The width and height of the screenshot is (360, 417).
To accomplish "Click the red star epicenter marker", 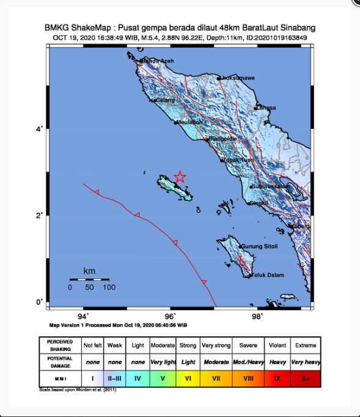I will (180, 177).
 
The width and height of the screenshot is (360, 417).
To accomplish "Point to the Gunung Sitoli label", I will (259, 247).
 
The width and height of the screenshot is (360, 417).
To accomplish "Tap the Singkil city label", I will (260, 203).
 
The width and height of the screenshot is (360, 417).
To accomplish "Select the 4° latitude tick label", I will (40, 129).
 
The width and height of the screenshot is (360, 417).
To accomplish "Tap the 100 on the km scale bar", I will (109, 287).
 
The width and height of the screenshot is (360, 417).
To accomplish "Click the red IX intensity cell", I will (277, 379).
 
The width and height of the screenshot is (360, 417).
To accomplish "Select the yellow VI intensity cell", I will (188, 379).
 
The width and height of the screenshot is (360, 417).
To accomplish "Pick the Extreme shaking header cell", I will (306, 345).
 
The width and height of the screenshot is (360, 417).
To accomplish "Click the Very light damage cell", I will (163, 361).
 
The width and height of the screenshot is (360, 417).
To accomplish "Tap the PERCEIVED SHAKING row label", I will (60, 345).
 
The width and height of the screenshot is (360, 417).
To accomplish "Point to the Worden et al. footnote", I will (78, 389).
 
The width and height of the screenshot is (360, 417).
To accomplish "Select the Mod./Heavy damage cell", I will (248, 361).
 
